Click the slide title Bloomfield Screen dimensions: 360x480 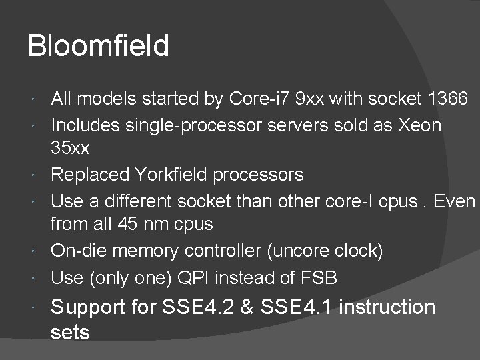(x=99, y=47)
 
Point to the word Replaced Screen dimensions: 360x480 (x=90, y=175)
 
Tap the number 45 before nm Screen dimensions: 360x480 (x=148, y=225)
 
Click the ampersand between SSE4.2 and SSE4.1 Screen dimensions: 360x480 (x=246, y=307)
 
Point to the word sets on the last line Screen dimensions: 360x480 (x=70, y=332)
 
